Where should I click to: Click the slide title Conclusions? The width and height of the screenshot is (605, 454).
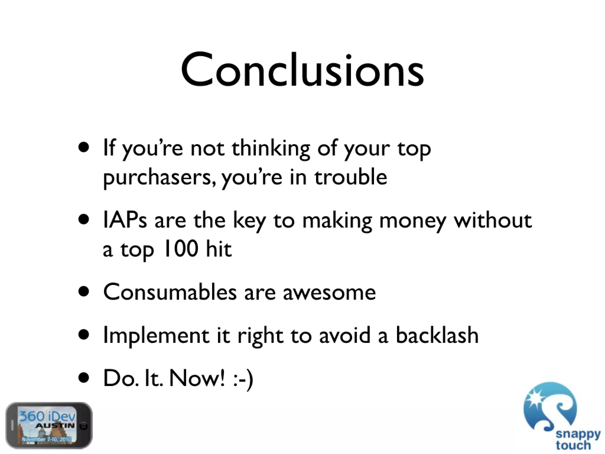(x=302, y=71)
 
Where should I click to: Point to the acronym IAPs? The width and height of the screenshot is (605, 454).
(x=125, y=220)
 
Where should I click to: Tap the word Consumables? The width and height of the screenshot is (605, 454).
(x=170, y=292)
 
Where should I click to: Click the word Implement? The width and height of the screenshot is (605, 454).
(x=156, y=336)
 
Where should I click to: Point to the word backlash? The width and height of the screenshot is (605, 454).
(x=437, y=335)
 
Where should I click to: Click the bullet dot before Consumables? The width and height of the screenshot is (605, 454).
(x=84, y=292)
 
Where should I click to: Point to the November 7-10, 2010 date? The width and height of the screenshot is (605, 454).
(x=46, y=439)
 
